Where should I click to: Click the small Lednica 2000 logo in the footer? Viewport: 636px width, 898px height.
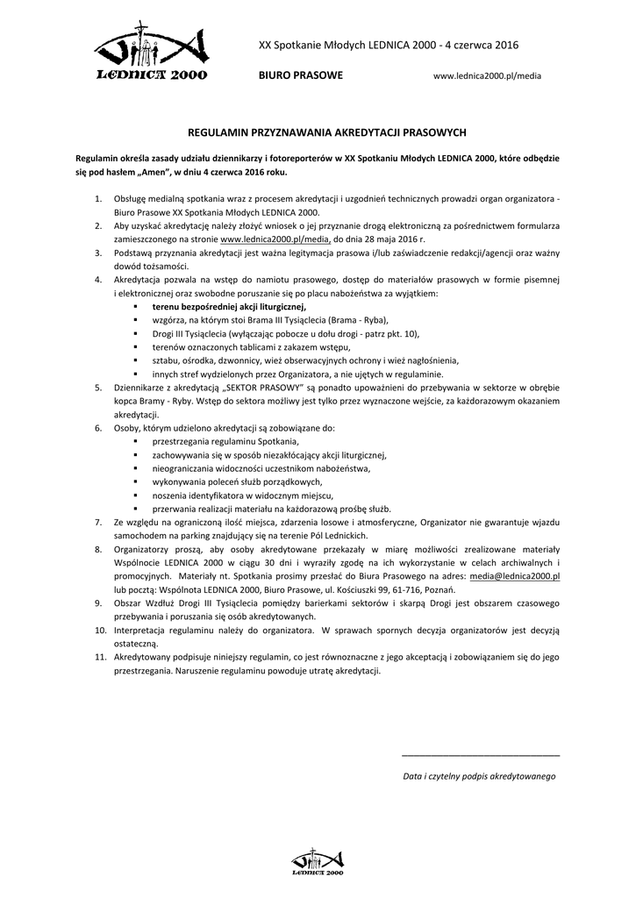[x=317, y=863]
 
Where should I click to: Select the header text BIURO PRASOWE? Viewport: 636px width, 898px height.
[x=300, y=76]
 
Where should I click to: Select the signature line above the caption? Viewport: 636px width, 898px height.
[x=480, y=755]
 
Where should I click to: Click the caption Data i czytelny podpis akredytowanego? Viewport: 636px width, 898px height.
[x=479, y=776]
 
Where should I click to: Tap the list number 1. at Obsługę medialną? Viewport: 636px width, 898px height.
[x=98, y=200]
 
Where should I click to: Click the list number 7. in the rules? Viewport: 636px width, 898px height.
[x=98, y=522]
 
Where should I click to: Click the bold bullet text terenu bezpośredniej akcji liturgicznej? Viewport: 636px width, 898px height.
[x=229, y=307]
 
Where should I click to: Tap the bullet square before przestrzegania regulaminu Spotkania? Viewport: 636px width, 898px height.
[x=136, y=442]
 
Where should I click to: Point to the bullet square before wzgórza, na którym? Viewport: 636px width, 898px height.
[x=136, y=320]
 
